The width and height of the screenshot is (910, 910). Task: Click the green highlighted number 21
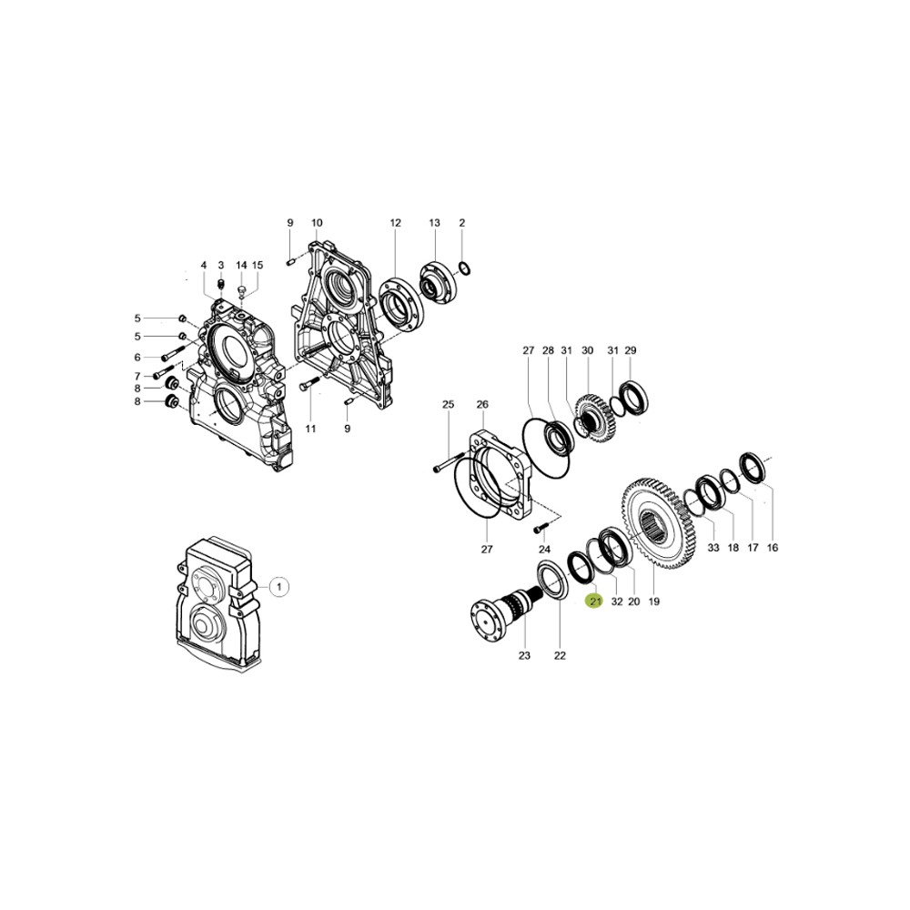tap(596, 602)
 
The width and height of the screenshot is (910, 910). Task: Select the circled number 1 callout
tap(279, 587)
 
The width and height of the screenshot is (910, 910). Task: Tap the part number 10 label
tap(317, 223)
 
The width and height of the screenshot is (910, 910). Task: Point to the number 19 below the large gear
tap(654, 602)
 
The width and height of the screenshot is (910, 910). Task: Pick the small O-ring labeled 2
tap(462, 268)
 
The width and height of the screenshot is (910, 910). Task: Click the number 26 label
tap(482, 404)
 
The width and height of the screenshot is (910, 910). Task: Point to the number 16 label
tap(773, 548)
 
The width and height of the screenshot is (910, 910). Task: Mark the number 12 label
tap(396, 223)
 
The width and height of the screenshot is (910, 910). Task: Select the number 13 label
tap(435, 223)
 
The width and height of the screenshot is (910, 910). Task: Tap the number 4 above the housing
tap(204, 266)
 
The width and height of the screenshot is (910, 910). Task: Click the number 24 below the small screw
tap(544, 549)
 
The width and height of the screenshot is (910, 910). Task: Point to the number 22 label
tap(560, 655)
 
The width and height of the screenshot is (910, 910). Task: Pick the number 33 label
tap(713, 548)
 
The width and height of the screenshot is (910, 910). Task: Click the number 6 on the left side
tap(137, 357)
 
